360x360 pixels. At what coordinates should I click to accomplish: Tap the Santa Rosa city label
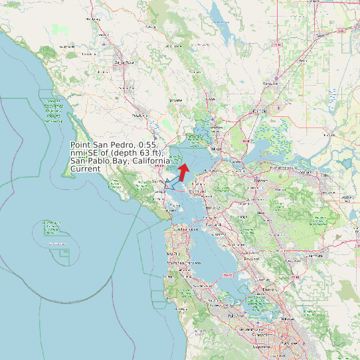point(120,62)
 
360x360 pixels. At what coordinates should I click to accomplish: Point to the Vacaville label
point(270,84)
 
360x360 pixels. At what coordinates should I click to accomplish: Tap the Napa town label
point(211,100)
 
